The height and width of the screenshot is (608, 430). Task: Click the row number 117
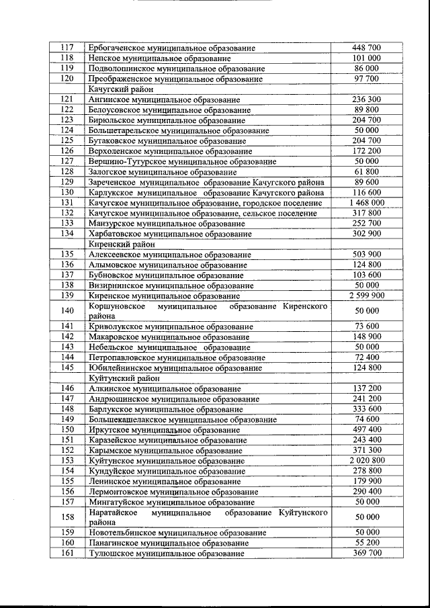click(67, 48)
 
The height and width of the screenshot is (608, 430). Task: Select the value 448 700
click(366, 48)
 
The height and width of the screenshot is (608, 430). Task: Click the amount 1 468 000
click(366, 202)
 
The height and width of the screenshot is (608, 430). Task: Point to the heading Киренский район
click(122, 244)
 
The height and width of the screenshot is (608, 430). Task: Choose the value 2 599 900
click(366, 296)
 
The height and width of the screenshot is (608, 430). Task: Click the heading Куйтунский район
click(124, 378)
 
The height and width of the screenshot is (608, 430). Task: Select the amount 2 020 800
click(366, 460)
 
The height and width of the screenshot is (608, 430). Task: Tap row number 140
click(67, 311)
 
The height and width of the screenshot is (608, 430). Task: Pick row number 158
click(67, 517)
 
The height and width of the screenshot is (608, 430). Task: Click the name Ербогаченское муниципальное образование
click(171, 48)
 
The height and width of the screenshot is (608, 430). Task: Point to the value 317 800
click(366, 213)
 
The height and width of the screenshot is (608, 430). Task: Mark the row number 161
click(67, 553)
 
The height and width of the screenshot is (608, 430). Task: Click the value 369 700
click(366, 553)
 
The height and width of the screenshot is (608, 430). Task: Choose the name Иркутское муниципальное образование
click(164, 429)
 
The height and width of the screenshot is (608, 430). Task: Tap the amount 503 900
click(366, 255)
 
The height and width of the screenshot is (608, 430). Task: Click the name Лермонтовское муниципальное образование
click(173, 491)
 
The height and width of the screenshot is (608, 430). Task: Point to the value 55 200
click(366, 542)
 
